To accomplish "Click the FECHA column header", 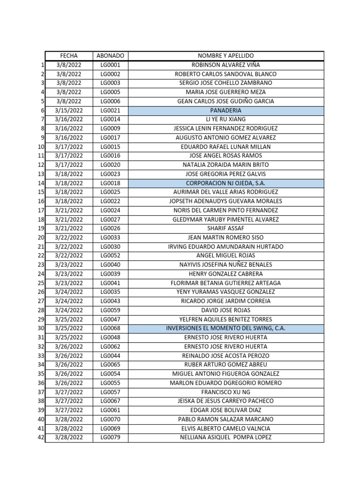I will pyautogui.click(x=69, y=56).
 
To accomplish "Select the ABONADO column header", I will pyautogui.click(x=110, y=56).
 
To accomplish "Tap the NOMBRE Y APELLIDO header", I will pyautogui.click(x=225, y=56).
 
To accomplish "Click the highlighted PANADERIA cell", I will pyautogui.click(x=225, y=110).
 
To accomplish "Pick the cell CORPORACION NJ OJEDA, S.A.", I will pyautogui.click(x=225, y=183).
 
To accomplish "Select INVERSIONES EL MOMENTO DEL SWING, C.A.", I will pyautogui.click(x=225, y=328).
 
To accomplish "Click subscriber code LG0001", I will pyautogui.click(x=110, y=65).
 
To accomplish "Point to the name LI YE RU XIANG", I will pyautogui.click(x=225, y=120).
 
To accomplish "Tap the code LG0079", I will pyautogui.click(x=110, y=437).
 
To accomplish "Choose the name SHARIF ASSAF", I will pyautogui.click(x=225, y=228).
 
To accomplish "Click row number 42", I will pyautogui.click(x=41, y=437).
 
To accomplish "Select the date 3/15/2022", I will pyautogui.click(x=69, y=110).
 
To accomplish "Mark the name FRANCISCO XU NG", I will pyautogui.click(x=225, y=392).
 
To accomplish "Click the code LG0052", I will pyautogui.click(x=110, y=255).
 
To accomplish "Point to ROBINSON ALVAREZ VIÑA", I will pyautogui.click(x=225, y=65).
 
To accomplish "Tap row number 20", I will pyautogui.click(x=41, y=237).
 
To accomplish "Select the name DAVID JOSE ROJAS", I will pyautogui.click(x=225, y=310).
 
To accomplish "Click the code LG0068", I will pyautogui.click(x=110, y=328).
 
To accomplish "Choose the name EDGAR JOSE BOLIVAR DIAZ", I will pyautogui.click(x=225, y=410).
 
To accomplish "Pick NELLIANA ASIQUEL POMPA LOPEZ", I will pyautogui.click(x=225, y=437).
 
